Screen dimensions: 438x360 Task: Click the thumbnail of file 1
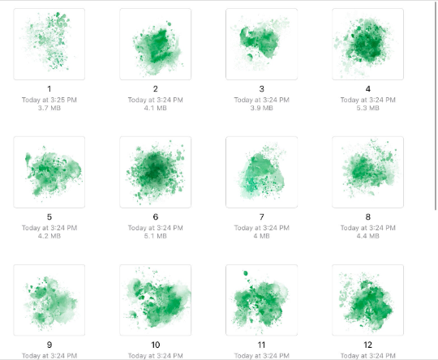[49, 44]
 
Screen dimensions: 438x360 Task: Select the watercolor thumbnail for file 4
[367, 44]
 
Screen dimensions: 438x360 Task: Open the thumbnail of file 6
[155, 172]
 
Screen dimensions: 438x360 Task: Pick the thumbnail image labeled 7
[261, 172]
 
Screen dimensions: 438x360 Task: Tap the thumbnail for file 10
[155, 300]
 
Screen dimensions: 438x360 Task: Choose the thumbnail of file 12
[367, 300]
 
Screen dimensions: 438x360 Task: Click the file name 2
[155, 89]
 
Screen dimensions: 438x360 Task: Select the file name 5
[49, 217]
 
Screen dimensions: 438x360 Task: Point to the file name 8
[368, 217]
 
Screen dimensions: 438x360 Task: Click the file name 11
[261, 345]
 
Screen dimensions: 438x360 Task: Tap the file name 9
[49, 345]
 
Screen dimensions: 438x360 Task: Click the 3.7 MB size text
[49, 108]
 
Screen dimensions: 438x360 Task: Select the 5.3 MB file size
[368, 108]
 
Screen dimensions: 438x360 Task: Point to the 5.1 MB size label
[155, 236]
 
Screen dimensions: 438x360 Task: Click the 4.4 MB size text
[368, 236]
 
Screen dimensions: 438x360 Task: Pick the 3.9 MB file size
[261, 108]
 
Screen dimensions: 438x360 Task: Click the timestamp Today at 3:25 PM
[49, 100]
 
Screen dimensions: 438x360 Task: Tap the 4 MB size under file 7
[261, 236]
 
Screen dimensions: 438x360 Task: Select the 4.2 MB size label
[49, 236]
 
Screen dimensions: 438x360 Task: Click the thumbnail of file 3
[261, 44]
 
